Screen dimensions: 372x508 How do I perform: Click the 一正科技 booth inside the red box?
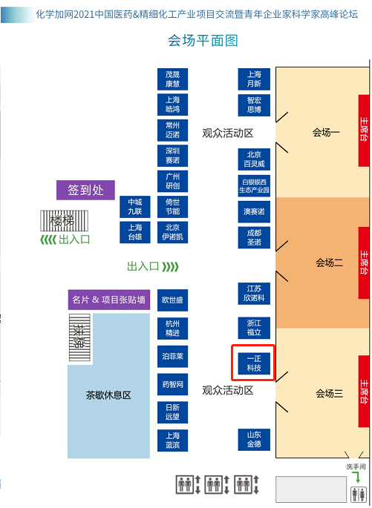(x=254, y=363)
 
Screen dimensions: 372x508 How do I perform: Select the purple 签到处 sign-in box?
(x=85, y=190)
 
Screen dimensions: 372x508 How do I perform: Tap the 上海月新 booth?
(x=254, y=79)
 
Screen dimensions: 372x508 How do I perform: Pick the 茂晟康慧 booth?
(x=172, y=79)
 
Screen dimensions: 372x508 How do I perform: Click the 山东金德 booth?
(x=254, y=440)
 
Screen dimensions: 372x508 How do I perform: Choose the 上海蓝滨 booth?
(x=172, y=441)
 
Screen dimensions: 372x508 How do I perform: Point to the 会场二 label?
(x=329, y=263)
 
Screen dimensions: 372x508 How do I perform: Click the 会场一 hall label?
(x=326, y=132)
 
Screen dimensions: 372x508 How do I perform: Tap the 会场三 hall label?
(x=329, y=393)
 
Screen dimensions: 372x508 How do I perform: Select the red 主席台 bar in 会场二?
(x=364, y=263)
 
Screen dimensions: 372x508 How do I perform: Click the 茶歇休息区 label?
(x=108, y=395)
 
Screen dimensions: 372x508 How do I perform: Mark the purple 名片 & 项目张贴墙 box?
(x=109, y=300)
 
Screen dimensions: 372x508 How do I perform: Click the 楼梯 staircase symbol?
(x=64, y=221)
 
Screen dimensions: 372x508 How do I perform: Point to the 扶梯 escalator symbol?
(x=79, y=337)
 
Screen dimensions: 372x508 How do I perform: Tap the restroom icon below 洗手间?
(x=359, y=495)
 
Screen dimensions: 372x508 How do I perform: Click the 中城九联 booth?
(x=135, y=207)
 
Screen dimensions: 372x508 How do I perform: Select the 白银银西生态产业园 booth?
(x=254, y=186)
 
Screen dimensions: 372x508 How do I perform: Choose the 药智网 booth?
(x=172, y=384)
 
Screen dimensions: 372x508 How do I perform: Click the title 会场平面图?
(x=203, y=41)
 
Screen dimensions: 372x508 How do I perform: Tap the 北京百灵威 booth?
(x=254, y=159)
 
